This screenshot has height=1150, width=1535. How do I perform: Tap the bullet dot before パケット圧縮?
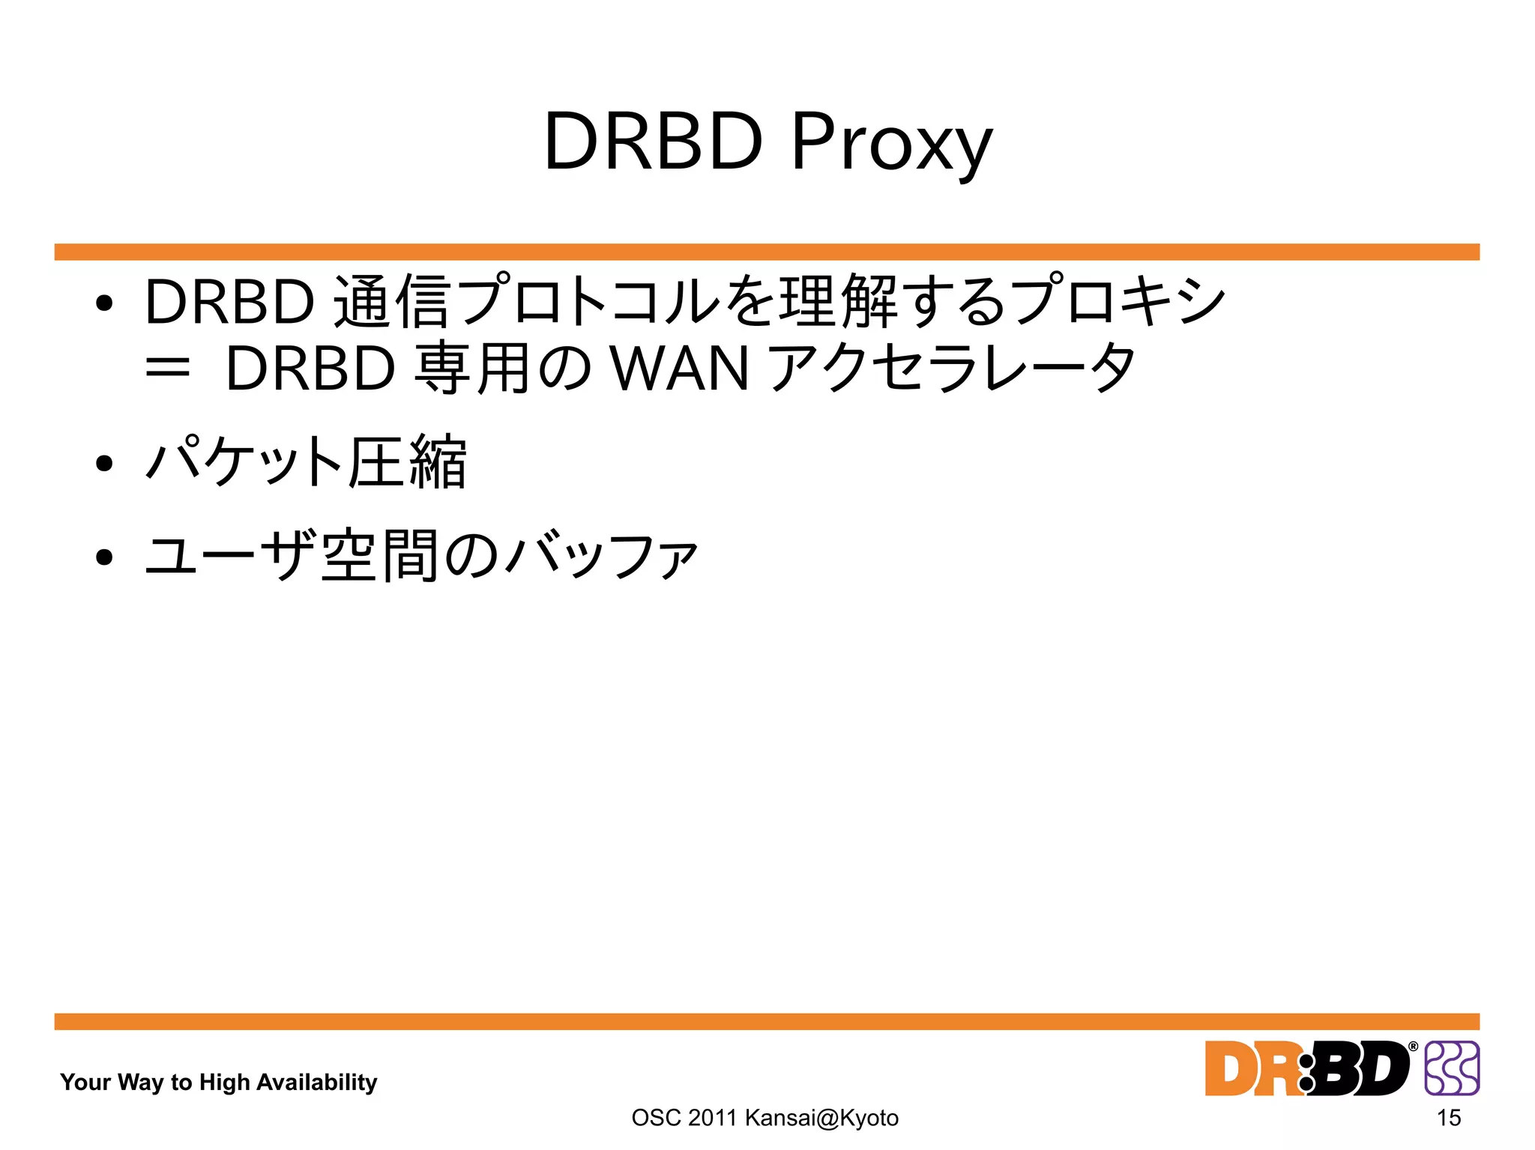(104, 464)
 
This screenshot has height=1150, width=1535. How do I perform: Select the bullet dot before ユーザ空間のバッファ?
(104, 557)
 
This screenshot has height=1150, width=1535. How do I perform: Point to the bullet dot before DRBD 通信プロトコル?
(104, 303)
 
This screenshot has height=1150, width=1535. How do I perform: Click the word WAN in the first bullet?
(680, 369)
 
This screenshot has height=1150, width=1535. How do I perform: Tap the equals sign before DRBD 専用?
(167, 369)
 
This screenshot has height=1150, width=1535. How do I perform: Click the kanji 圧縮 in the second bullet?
(408, 462)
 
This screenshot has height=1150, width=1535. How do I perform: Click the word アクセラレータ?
(952, 369)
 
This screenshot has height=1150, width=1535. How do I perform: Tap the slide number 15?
(1449, 1118)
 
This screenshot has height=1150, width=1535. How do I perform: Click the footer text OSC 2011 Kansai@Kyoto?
(765, 1118)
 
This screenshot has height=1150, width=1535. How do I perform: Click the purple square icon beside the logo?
(1452, 1068)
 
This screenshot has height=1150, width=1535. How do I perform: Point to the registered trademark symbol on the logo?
(1413, 1047)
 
